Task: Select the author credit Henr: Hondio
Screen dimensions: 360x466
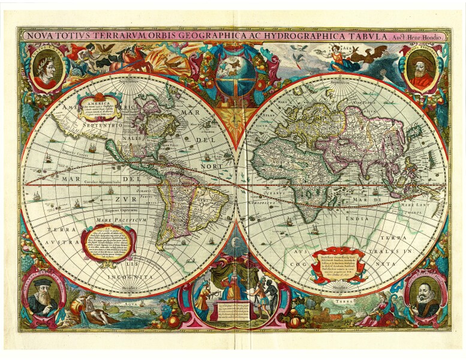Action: [429, 37]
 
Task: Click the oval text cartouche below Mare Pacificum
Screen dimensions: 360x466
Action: [109, 243]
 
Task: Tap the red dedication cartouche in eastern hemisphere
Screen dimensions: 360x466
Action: [338, 263]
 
